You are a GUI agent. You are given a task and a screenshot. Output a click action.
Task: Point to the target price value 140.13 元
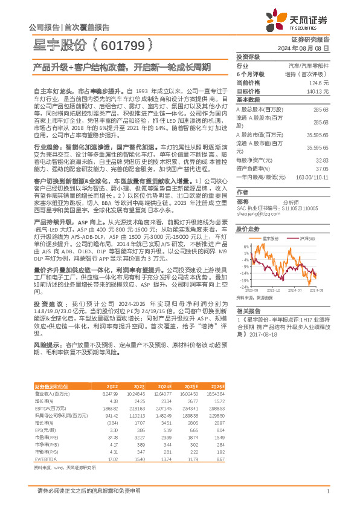[318, 91]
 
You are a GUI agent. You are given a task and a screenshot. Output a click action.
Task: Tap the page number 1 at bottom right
[327, 491]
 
